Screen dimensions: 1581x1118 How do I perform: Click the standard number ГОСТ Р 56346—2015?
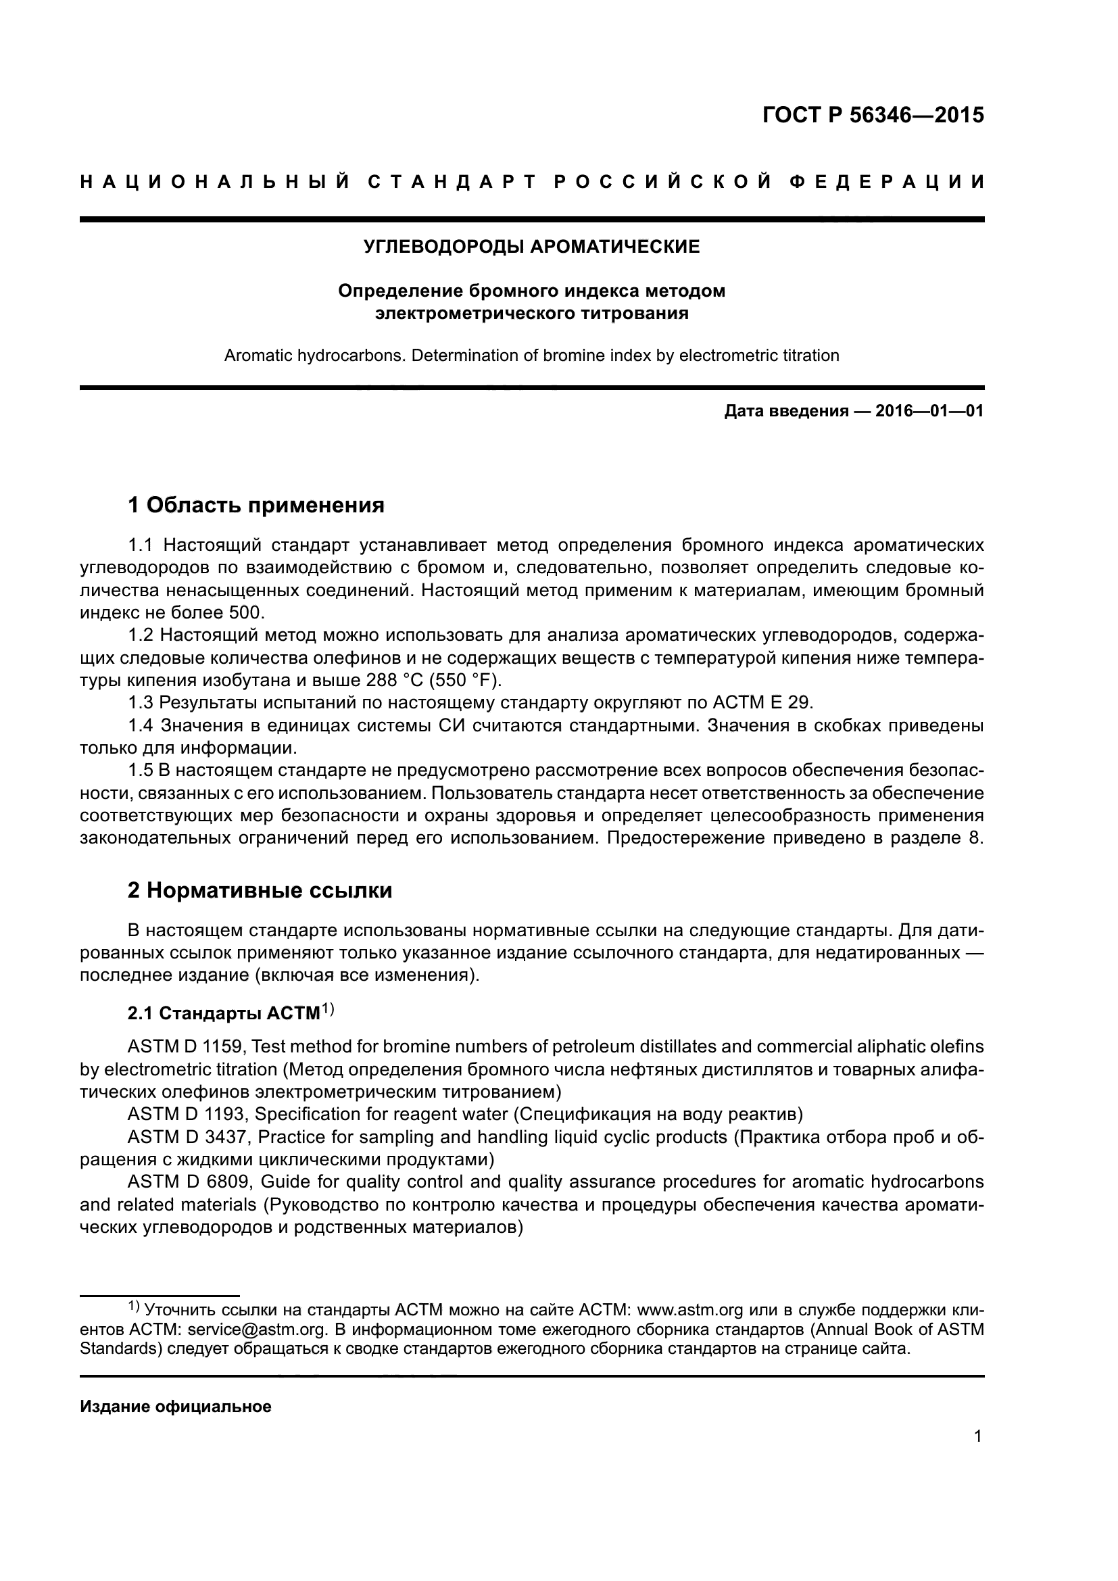[x=873, y=115]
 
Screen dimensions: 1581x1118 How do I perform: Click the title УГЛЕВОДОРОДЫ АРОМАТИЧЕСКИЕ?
[x=531, y=247]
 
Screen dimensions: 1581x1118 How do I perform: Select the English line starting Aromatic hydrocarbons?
[x=531, y=356]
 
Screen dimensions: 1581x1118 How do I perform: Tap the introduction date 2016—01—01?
[x=929, y=412]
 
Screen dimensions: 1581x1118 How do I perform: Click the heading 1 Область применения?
[x=256, y=506]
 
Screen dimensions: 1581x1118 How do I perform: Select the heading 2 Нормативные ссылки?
[x=260, y=890]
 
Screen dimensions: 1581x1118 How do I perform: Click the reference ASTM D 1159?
[x=185, y=1046]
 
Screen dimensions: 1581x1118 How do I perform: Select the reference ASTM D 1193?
[x=185, y=1114]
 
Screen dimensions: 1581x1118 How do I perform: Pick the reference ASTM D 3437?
[x=185, y=1137]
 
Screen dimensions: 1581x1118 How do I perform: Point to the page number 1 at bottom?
[x=978, y=1436]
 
